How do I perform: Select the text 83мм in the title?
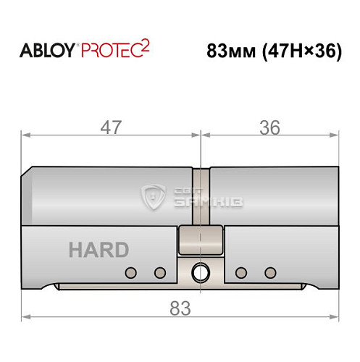[x=228, y=53]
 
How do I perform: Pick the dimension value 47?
[x=111, y=127]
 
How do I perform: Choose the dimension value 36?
[x=269, y=127]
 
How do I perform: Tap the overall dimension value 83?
[x=179, y=308]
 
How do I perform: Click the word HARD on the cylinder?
[x=99, y=251]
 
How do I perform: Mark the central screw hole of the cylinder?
[x=197, y=273]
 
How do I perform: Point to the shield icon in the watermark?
[x=154, y=196]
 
